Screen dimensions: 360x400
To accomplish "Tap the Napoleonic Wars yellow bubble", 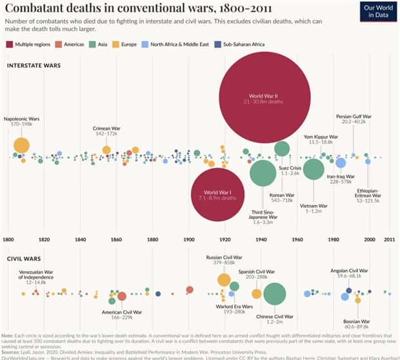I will pyautogui.click(x=21, y=145).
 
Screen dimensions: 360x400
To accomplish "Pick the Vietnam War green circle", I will pyautogui.click(x=314, y=169).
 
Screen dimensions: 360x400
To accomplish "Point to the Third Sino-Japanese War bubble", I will pyautogui.click(x=263, y=172).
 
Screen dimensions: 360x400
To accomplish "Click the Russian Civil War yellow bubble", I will pyautogui.click(x=224, y=279).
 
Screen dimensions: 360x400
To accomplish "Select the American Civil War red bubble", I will pyautogui.click(x=121, y=296).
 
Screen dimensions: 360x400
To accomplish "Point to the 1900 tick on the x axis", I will pyautogui.click(x=188, y=239).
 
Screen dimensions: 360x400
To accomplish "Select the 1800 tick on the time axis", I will pyautogui.click(x=9, y=239).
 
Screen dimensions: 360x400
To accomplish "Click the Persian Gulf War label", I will pyautogui.click(x=353, y=117).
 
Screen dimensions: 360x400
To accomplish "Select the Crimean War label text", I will pyautogui.click(x=107, y=128).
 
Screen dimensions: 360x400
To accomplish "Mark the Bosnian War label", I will pyautogui.click(x=357, y=321).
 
